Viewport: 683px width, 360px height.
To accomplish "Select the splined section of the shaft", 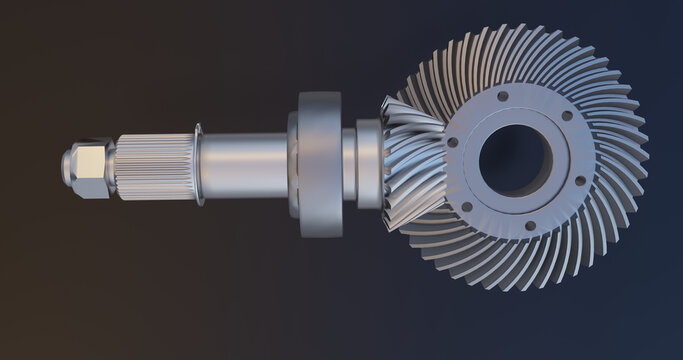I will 155,166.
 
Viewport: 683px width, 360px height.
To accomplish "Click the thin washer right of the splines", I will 199,165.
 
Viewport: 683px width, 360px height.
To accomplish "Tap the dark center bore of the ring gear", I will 514,160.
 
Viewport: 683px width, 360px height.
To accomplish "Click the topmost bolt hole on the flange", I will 502,97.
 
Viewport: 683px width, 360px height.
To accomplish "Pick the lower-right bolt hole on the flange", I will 580,181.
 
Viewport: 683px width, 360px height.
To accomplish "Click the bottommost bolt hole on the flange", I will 530,225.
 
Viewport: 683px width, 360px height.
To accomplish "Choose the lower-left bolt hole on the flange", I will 466,207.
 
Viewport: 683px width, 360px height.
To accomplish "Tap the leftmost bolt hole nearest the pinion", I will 453,142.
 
